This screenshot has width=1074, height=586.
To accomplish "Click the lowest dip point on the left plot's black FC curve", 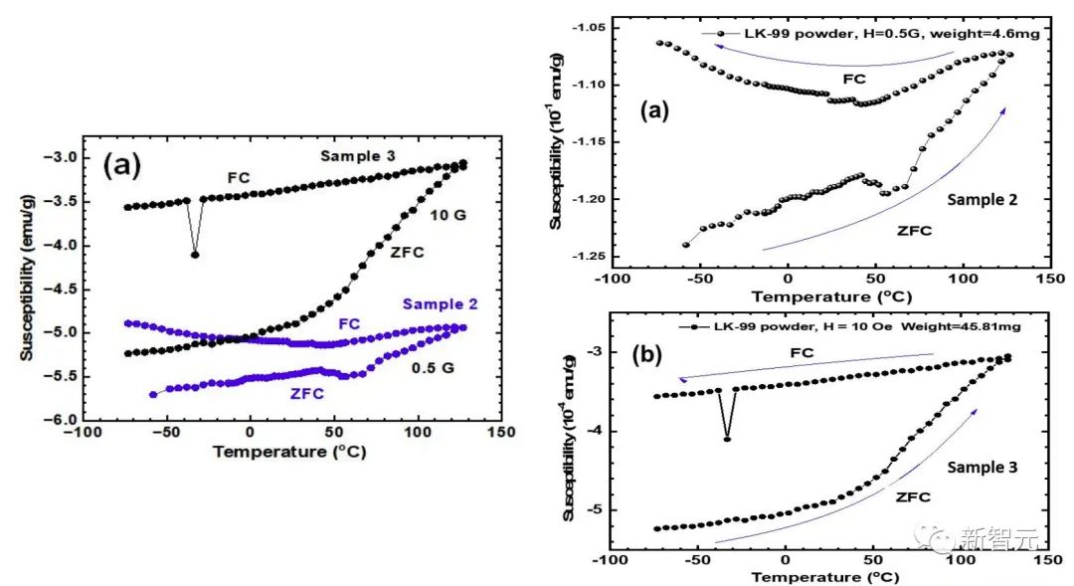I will tap(195, 255).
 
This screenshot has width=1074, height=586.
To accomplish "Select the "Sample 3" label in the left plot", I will tap(356, 156).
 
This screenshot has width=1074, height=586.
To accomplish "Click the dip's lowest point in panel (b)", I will tap(727, 439).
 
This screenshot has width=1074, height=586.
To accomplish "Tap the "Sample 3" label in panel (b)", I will tap(981, 467).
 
